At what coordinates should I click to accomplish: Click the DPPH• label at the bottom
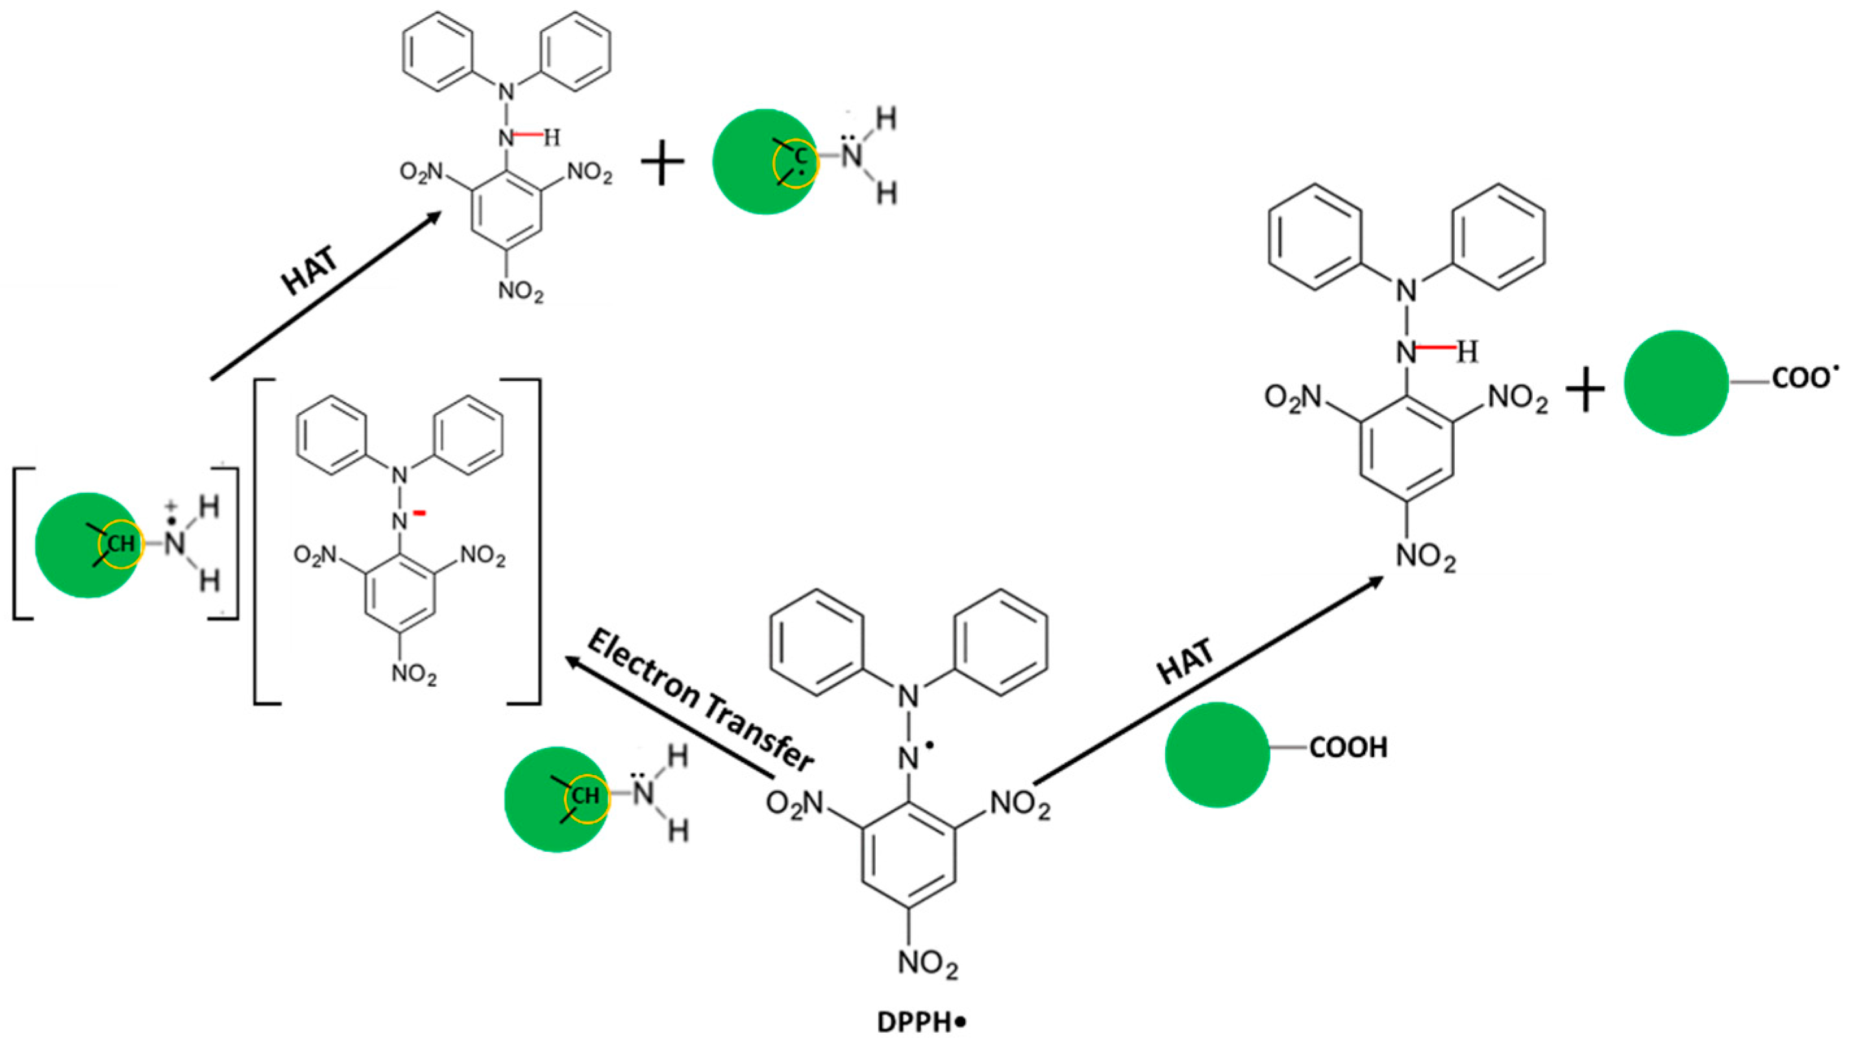click(921, 1023)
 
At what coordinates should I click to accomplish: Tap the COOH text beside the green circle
click(1348, 747)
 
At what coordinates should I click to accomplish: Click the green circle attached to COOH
click(1217, 754)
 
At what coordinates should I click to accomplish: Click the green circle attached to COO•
click(1676, 383)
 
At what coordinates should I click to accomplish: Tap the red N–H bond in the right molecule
click(1435, 348)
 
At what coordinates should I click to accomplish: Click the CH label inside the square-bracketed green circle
click(121, 543)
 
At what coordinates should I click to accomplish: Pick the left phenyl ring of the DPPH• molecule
click(817, 643)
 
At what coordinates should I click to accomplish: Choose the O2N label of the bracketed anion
click(316, 555)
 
